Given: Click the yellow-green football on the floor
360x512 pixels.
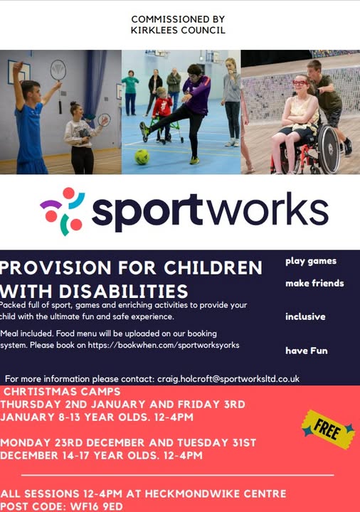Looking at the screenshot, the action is click(x=142, y=156).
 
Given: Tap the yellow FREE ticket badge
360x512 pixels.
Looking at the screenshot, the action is click(x=328, y=430).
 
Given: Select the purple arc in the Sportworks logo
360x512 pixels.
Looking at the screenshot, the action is click(x=51, y=204).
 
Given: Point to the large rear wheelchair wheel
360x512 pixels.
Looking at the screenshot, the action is click(x=329, y=149).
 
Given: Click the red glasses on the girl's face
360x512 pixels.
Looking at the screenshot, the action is click(x=300, y=82).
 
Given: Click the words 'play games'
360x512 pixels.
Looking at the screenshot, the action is click(x=311, y=261).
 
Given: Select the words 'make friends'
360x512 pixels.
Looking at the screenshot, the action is click(x=314, y=283).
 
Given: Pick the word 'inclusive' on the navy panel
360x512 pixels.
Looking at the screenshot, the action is click(x=305, y=316).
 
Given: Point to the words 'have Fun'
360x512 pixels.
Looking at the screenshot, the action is click(x=307, y=351).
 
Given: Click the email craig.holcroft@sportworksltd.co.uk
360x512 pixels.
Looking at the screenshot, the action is click(x=228, y=379).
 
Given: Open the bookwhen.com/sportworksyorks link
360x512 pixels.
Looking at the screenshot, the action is click(x=164, y=345).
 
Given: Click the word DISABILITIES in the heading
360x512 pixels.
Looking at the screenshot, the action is click(x=124, y=292).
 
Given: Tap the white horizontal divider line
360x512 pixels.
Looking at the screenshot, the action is click(x=177, y=475).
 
